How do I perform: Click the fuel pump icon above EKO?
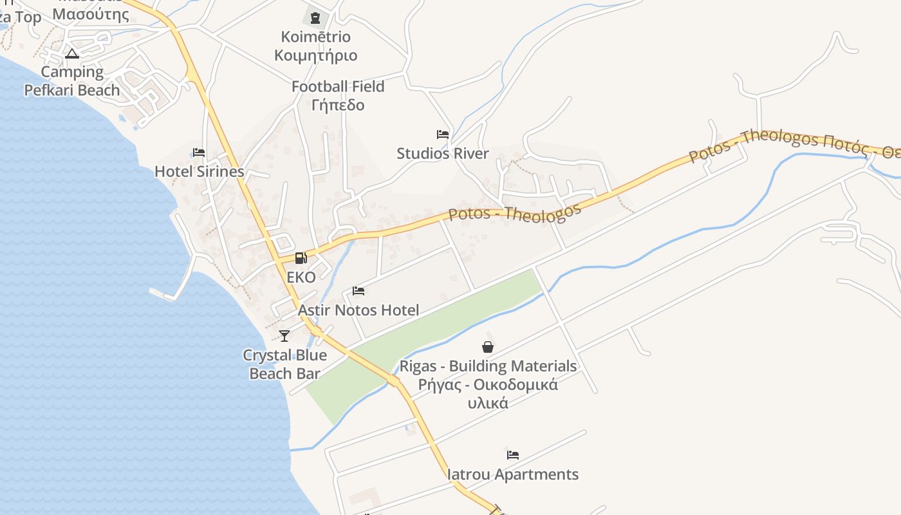(x=301, y=259)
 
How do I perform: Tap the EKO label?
(x=301, y=277)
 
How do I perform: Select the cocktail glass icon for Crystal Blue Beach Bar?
(x=284, y=336)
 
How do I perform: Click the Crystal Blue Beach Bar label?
(x=284, y=364)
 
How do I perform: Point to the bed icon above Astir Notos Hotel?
(x=359, y=291)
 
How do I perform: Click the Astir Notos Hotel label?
(x=358, y=310)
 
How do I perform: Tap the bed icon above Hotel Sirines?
(x=199, y=153)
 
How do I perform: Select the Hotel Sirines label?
(x=200, y=172)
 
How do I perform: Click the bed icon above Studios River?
(x=443, y=135)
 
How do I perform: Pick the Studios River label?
(x=443, y=154)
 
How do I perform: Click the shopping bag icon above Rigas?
(x=488, y=348)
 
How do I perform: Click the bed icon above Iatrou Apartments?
(x=513, y=455)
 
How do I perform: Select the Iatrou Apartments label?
(x=513, y=475)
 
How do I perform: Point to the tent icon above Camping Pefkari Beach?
(x=72, y=53)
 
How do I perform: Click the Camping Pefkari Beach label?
(x=72, y=81)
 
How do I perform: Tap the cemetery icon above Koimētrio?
(x=315, y=18)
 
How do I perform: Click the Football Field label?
(x=338, y=87)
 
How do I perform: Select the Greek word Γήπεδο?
(x=338, y=105)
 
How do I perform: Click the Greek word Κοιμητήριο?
(x=315, y=55)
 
